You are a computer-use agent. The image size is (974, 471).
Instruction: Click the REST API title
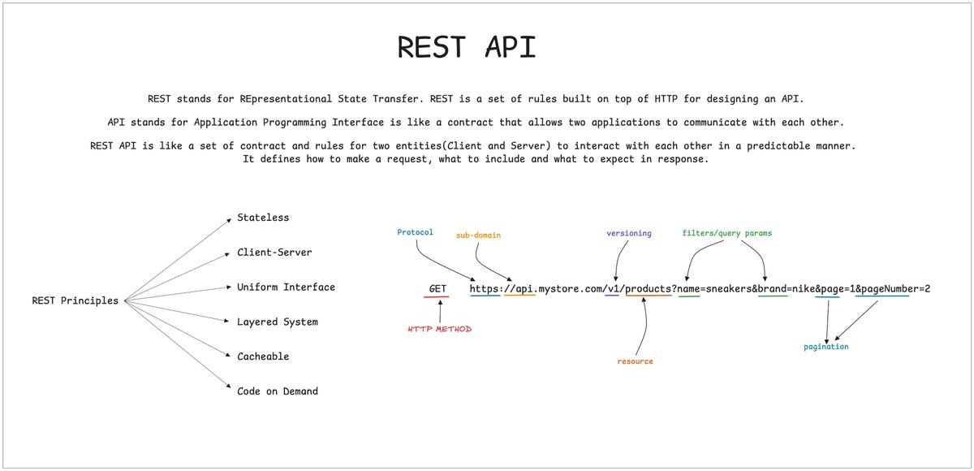point(467,46)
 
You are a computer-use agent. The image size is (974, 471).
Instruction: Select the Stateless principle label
point(263,218)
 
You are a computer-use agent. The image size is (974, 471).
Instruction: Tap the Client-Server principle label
point(274,253)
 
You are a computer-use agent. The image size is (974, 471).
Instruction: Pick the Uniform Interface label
point(286,287)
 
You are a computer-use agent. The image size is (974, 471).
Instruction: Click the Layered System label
point(278,322)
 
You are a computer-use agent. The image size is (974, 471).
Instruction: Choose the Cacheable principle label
point(263,356)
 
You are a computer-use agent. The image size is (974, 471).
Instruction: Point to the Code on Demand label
point(278,391)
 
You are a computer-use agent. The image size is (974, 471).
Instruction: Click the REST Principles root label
point(75,300)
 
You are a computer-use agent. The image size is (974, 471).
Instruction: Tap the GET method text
point(437,289)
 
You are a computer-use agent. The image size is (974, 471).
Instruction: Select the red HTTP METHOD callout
point(440,329)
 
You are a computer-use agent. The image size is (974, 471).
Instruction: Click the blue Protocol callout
point(416,232)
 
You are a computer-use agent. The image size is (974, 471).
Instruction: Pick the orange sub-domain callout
point(478,235)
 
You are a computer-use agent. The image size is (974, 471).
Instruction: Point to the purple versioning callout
point(629,234)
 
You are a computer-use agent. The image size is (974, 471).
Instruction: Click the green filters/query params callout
point(727,233)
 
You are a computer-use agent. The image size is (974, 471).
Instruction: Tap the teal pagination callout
point(826,347)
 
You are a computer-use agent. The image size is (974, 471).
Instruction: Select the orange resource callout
point(636,361)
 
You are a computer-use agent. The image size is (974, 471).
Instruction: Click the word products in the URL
point(649,289)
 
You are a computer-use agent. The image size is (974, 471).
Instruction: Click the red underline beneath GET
point(436,297)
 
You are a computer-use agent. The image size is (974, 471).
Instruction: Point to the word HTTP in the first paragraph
point(666,99)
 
